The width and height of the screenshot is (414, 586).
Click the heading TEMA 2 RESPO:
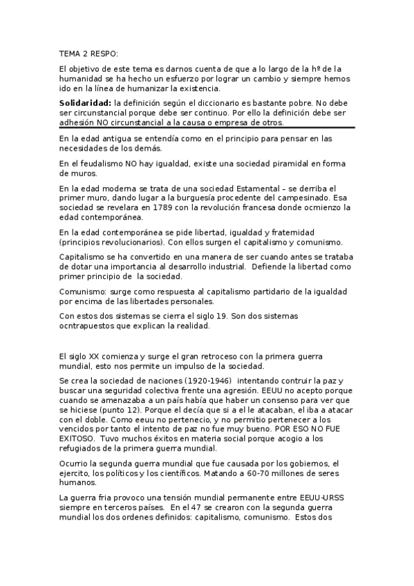[x=88, y=53]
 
